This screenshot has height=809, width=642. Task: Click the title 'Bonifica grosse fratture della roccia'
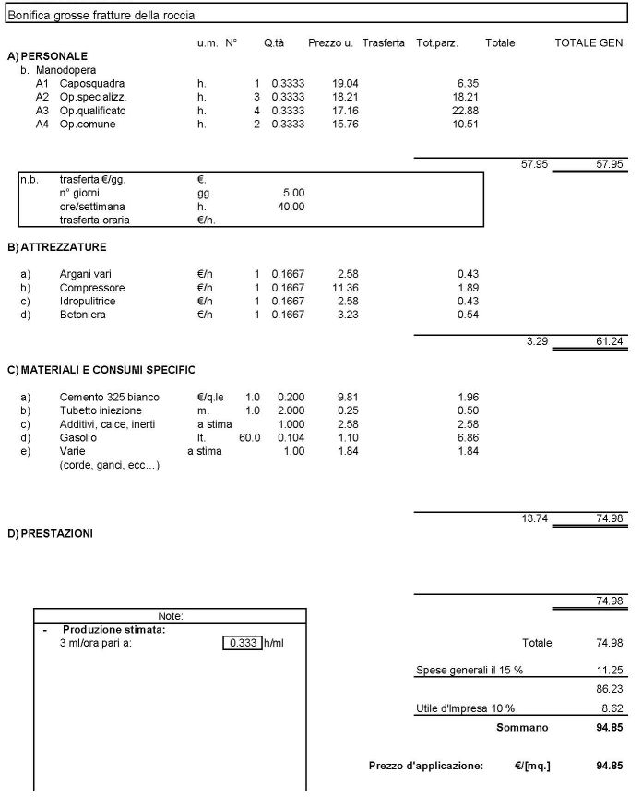tap(101, 16)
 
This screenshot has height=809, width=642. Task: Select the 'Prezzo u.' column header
tap(330, 43)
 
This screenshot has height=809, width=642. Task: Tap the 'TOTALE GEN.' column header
tap(588, 43)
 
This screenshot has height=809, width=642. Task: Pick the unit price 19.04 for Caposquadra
tap(345, 83)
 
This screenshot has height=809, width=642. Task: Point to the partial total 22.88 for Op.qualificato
tap(467, 111)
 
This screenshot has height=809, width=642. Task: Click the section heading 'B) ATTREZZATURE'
tap(56, 247)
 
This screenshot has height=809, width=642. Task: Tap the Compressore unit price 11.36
tap(345, 288)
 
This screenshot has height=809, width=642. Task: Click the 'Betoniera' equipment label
tap(83, 315)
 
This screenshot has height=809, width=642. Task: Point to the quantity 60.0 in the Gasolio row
tap(250, 439)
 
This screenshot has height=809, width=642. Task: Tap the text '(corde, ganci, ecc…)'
tap(109, 466)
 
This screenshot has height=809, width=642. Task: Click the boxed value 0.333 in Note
tap(243, 643)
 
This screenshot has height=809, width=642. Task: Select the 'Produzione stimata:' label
tap(113, 630)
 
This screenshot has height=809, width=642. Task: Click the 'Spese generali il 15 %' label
tap(470, 671)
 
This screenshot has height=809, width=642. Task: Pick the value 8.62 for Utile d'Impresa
tap(611, 708)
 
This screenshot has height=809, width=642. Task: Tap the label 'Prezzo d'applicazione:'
tap(425, 766)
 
